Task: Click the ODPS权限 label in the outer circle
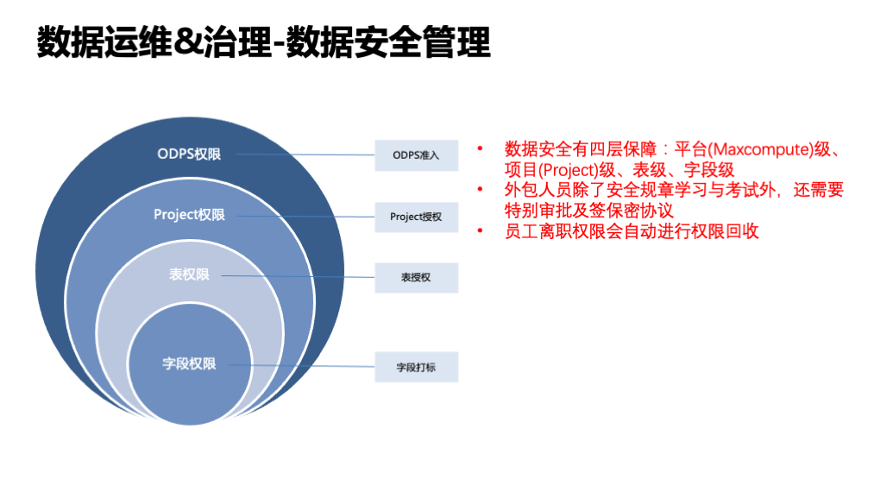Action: [x=189, y=155]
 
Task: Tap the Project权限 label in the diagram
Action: [x=189, y=215]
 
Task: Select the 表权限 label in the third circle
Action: [x=189, y=275]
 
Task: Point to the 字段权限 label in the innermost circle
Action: [x=189, y=363]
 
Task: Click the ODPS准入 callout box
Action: [x=416, y=155]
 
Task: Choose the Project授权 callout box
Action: [x=416, y=217]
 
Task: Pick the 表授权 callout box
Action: [x=416, y=278]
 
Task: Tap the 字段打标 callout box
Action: [x=416, y=367]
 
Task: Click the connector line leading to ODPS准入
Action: [x=302, y=155]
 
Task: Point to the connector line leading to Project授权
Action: [x=302, y=216]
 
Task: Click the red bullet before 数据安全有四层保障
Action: [x=481, y=149]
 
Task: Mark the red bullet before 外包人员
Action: [x=481, y=190]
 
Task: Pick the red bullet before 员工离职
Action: [x=481, y=231]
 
